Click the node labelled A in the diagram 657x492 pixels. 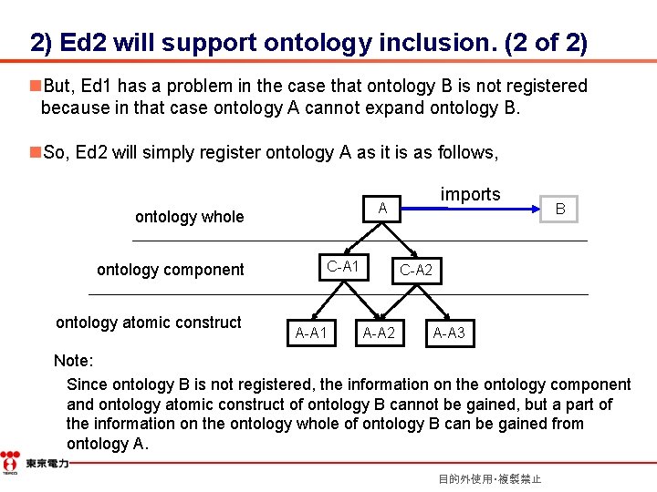pos(383,210)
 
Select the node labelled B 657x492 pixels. pos(560,210)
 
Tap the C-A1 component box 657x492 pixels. pos(343,266)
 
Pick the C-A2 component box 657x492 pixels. pos(416,270)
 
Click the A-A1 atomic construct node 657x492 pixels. pos(312,333)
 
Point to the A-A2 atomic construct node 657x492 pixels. pos(379,333)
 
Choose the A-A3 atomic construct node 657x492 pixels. pos(449,333)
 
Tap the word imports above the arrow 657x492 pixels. pos(470,194)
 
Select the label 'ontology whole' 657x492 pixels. pos(189,217)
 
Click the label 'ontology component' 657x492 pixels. pos(171,270)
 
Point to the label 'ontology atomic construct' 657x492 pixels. pos(149,323)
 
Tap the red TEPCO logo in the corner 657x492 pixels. pos(10,462)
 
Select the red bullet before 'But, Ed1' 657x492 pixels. pos(35,86)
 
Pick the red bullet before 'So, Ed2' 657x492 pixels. pos(35,152)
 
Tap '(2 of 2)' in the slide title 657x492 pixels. pos(550,43)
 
